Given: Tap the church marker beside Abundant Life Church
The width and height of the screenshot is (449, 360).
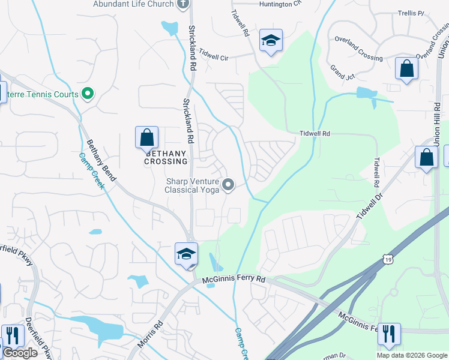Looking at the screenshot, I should coord(184,4).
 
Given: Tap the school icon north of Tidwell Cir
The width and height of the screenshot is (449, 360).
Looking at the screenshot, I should coord(271,41).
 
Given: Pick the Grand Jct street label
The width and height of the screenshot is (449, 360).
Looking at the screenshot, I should coord(343,72).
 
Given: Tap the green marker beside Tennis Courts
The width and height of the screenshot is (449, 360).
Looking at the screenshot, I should coord(88,94).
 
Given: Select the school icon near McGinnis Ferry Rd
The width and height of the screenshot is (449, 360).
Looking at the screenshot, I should coord(186,253).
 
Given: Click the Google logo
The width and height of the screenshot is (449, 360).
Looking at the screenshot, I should coord(19,353).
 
